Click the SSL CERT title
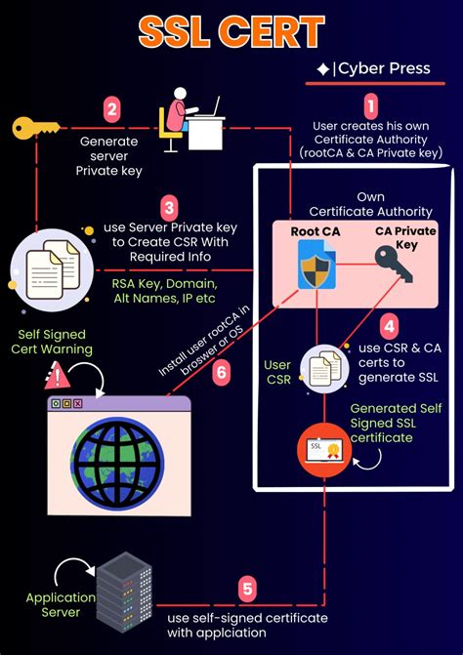(x=231, y=32)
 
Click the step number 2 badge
(x=113, y=110)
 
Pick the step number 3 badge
(x=169, y=208)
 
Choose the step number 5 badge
(x=247, y=589)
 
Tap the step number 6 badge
(x=221, y=372)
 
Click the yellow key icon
(x=35, y=127)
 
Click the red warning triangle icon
(x=58, y=376)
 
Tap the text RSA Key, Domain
(x=165, y=282)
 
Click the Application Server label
(x=61, y=605)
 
